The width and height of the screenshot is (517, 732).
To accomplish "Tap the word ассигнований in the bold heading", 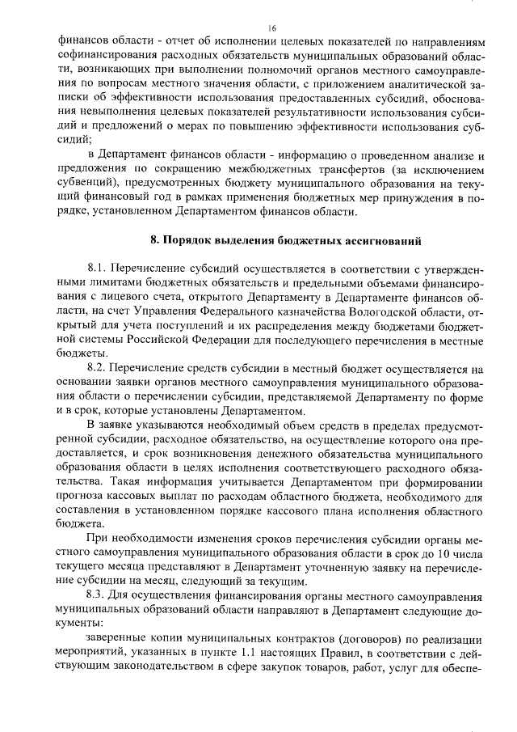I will (x=385, y=241).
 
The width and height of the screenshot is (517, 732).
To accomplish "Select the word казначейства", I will (x=303, y=311).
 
